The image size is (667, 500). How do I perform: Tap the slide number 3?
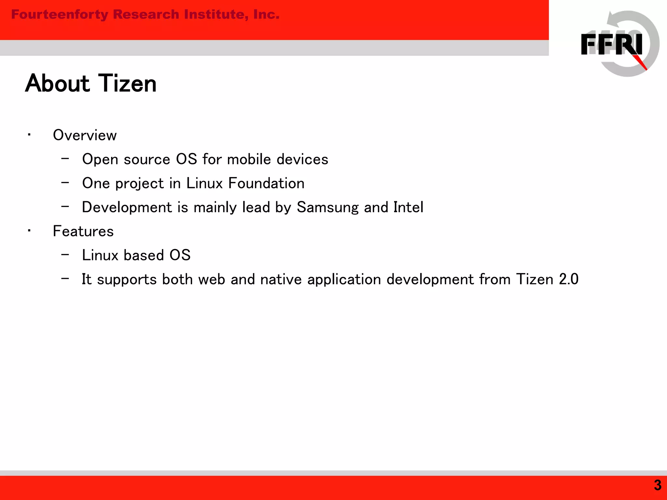(658, 485)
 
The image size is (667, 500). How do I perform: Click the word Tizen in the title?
(127, 83)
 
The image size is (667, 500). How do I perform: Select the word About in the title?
(57, 83)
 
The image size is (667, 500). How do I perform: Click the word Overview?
(85, 135)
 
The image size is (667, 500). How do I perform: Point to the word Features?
(83, 231)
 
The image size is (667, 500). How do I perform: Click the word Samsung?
(328, 207)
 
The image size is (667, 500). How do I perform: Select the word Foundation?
(266, 183)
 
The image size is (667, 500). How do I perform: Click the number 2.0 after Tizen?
(569, 279)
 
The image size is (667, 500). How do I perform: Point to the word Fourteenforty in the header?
(60, 15)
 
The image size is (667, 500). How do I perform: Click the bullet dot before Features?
(29, 231)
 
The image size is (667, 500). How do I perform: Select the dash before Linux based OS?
(65, 255)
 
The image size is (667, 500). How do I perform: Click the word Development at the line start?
(127, 207)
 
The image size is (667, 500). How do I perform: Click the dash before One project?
(65, 183)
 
